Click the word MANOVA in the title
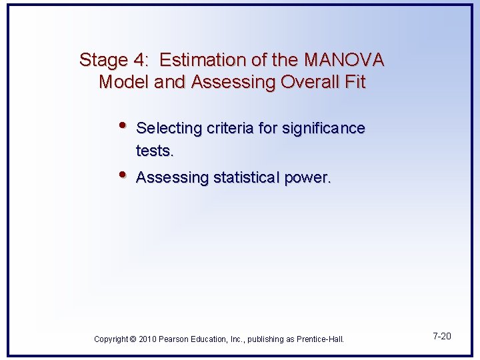344,60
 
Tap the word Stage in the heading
103,60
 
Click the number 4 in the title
142,60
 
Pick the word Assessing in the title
223,83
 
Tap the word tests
155,151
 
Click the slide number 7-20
441,336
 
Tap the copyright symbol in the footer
133,339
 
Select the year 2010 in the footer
148,339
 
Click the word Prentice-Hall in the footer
321,339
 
